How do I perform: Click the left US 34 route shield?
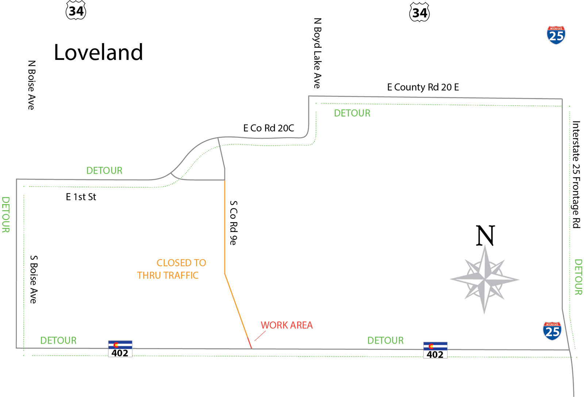[x=76, y=11]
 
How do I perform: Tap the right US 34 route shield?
[x=419, y=13]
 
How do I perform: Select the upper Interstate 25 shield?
[x=556, y=35]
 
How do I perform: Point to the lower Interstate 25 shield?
[x=552, y=331]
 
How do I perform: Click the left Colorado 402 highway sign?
[x=120, y=349]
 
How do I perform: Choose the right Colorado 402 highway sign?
[x=435, y=351]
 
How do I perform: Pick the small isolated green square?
[x=104, y=144]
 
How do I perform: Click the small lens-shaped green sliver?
[x=199, y=161]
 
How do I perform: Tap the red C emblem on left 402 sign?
[x=116, y=345]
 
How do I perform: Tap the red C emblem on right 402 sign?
[x=431, y=346]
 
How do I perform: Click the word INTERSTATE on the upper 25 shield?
[x=556, y=28]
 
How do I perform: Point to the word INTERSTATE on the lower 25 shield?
[x=552, y=324]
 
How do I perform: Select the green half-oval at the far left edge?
[x=7, y=215]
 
